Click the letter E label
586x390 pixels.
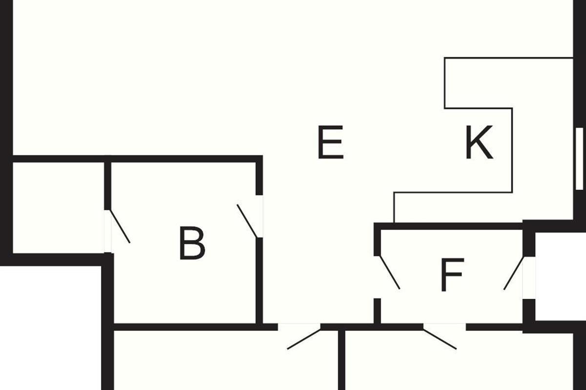(331, 142)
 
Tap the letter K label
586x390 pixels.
(479, 142)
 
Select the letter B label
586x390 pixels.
(192, 243)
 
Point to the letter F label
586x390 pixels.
(451, 275)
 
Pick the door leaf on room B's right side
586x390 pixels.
(247, 221)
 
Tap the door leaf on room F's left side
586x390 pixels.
(390, 272)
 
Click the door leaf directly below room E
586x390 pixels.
(304, 339)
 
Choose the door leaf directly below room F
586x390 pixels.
(440, 339)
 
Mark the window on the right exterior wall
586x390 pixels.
(579, 158)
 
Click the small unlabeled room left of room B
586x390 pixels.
(58, 207)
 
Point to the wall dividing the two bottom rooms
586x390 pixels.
(342, 361)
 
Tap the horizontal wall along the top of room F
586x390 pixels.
(449, 226)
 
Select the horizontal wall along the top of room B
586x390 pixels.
(186, 159)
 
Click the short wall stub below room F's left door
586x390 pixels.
(377, 311)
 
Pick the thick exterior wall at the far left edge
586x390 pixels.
(5, 132)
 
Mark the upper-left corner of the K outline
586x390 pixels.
(445, 58)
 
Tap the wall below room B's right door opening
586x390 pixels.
(260, 280)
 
